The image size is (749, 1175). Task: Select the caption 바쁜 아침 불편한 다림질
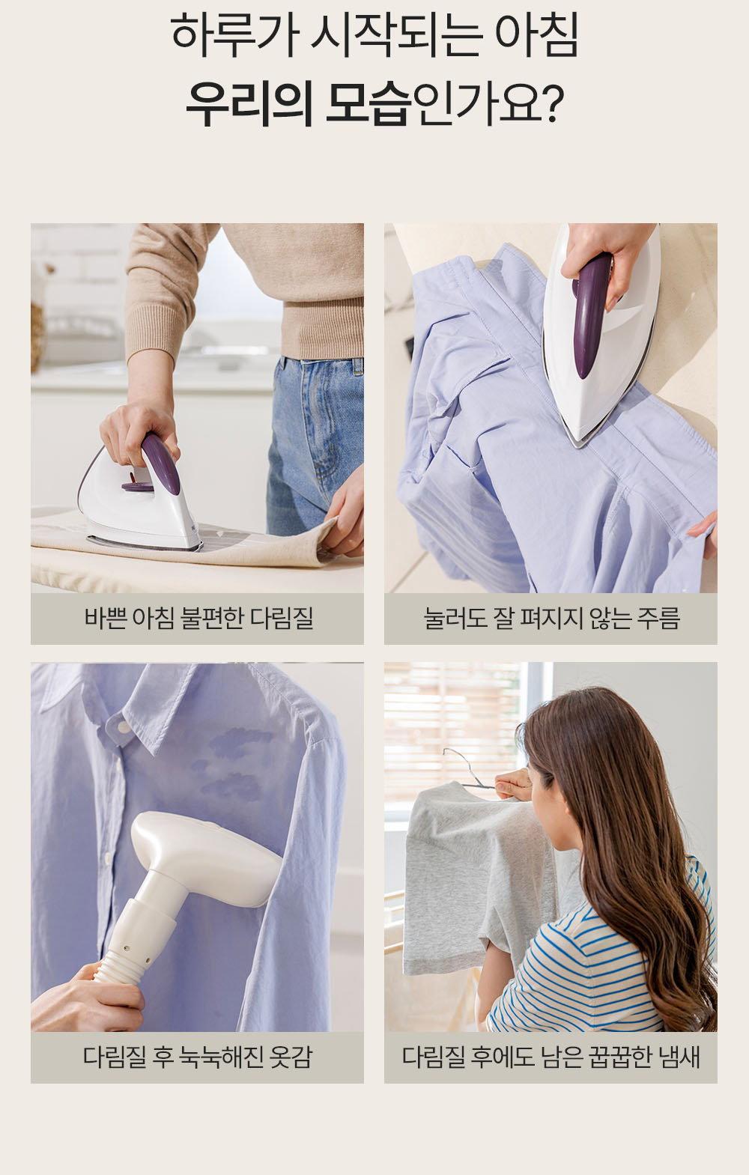click(198, 619)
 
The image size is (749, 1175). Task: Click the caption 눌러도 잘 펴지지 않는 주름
click(551, 619)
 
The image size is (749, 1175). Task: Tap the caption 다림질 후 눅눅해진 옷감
click(198, 1057)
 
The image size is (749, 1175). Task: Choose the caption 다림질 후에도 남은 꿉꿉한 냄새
click(551, 1057)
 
